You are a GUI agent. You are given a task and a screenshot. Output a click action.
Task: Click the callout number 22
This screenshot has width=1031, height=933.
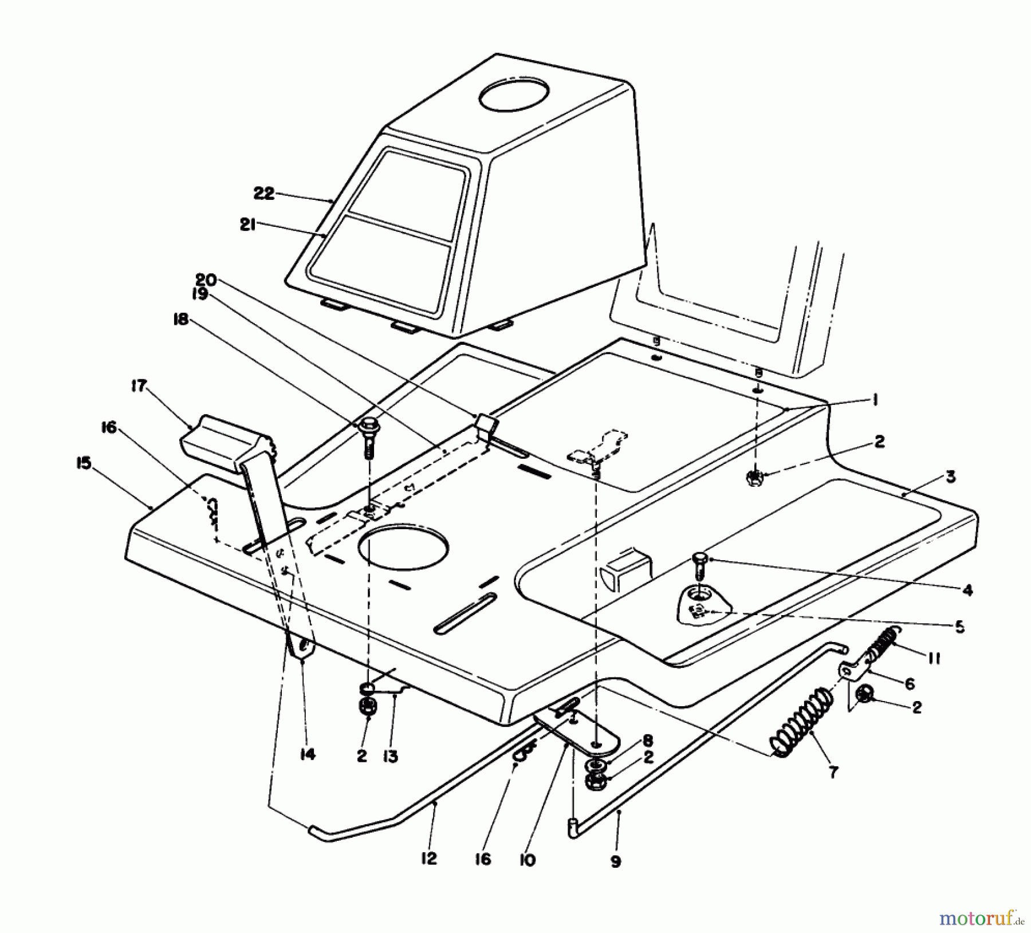click(x=265, y=194)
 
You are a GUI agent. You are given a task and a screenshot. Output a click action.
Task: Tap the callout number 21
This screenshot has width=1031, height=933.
click(x=248, y=225)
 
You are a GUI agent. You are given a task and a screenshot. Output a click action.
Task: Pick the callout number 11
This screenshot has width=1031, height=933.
click(x=934, y=659)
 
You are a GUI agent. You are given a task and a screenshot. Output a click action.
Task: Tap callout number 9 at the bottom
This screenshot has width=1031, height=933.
click(x=616, y=861)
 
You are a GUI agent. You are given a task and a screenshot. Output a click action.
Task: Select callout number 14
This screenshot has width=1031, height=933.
click(x=308, y=755)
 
